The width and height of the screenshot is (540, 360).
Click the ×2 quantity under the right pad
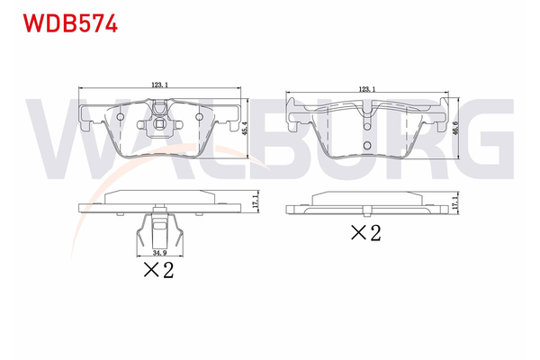point(365,233)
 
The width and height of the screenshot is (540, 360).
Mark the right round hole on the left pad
point(197,116)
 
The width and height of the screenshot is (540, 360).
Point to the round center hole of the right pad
point(365,146)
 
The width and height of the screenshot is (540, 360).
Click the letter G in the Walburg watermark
point(486,144)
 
